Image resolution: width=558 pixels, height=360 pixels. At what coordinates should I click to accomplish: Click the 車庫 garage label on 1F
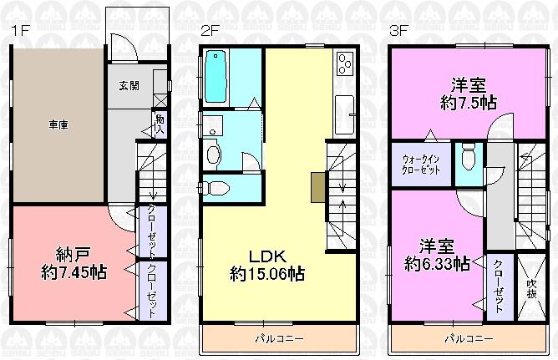57,124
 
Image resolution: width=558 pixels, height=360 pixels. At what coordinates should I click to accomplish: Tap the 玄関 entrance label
128,85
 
